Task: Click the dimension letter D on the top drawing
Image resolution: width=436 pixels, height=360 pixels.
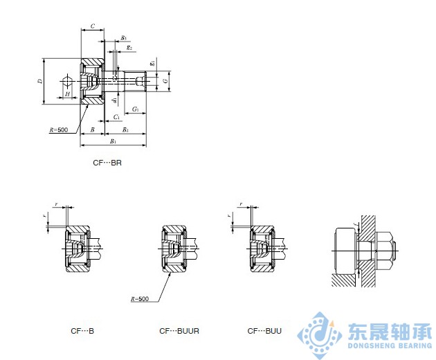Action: (x=40, y=81)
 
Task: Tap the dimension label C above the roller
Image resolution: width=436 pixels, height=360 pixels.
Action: (x=92, y=25)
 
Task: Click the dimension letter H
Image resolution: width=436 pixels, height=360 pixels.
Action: (x=67, y=93)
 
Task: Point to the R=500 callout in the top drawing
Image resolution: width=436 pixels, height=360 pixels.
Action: (x=59, y=130)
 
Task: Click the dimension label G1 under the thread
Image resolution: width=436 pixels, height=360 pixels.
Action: (x=136, y=110)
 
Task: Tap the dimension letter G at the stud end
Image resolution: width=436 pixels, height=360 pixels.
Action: (x=165, y=81)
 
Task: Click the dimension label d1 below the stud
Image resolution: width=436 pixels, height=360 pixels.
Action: (x=113, y=101)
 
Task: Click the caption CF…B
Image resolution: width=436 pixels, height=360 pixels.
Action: (x=82, y=331)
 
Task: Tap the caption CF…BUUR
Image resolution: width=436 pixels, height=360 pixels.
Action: (x=179, y=331)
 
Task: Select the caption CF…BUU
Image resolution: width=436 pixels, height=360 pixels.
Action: (x=265, y=331)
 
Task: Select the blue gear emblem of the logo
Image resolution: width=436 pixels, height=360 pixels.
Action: (x=319, y=334)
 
